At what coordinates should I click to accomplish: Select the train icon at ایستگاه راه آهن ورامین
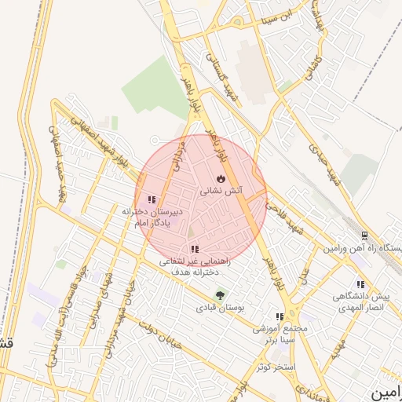[364, 236]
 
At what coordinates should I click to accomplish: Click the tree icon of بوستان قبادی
[221, 296]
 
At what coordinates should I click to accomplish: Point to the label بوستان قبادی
[221, 309]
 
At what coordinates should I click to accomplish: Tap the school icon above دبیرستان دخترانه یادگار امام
[152, 199]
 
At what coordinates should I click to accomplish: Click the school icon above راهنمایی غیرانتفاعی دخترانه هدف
[194, 249]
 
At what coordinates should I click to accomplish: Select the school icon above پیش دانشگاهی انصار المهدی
[360, 284]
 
